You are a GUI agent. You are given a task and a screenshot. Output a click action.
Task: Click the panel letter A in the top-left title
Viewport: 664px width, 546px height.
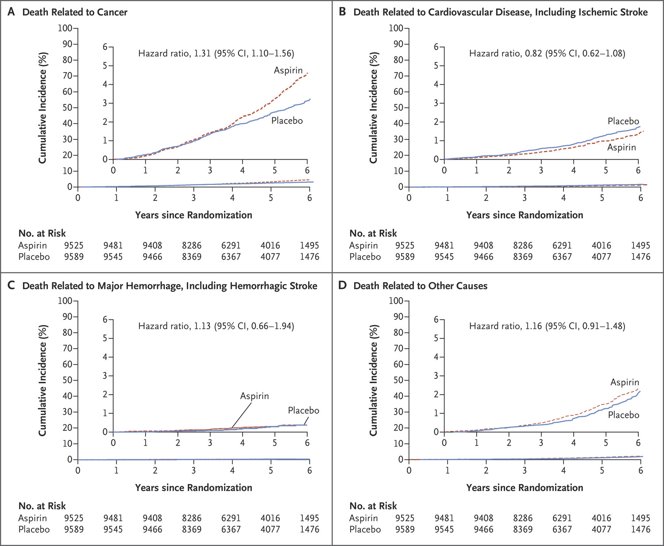click(x=11, y=12)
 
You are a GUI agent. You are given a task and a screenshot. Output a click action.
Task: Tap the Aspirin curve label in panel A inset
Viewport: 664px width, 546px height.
click(x=288, y=70)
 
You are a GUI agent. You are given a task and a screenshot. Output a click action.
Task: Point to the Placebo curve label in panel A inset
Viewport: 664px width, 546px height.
click(x=287, y=121)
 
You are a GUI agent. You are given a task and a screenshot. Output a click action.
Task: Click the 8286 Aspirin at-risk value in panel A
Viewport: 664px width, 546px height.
click(x=191, y=245)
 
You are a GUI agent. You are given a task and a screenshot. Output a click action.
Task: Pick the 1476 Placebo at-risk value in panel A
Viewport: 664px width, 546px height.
click(x=309, y=257)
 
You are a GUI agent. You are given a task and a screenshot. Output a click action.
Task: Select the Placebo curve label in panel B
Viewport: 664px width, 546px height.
click(x=623, y=121)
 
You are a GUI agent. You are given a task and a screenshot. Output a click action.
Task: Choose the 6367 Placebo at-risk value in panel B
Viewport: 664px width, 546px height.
click(x=562, y=257)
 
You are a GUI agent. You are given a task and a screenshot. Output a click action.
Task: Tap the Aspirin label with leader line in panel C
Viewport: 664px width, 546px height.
click(x=255, y=396)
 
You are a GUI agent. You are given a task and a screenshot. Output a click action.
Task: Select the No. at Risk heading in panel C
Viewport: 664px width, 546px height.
click(x=42, y=506)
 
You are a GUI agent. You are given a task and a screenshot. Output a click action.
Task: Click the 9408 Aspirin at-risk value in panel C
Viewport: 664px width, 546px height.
click(x=152, y=518)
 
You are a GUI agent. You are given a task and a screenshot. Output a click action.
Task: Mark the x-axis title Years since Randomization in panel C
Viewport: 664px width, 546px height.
click(x=193, y=488)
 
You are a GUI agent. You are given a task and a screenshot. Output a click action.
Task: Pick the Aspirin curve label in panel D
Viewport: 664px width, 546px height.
click(x=625, y=382)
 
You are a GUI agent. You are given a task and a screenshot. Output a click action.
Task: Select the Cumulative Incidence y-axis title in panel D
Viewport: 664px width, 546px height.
click(x=374, y=380)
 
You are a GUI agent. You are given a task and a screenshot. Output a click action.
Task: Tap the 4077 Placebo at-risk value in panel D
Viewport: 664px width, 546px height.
click(x=601, y=529)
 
